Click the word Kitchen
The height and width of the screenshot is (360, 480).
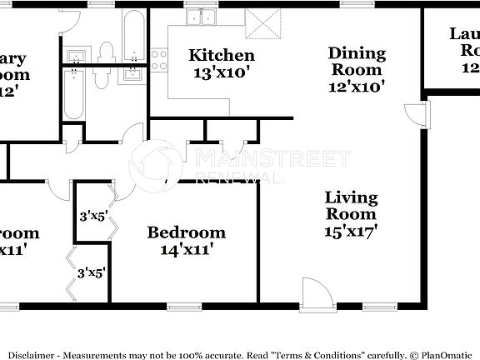click(x=221, y=56)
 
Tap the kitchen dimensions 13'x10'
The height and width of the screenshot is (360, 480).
click(x=221, y=72)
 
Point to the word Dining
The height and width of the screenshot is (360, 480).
click(x=357, y=54)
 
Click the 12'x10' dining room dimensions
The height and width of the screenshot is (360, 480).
click(x=357, y=87)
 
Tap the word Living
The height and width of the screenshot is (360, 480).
click(x=351, y=197)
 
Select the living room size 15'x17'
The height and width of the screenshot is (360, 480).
click(x=351, y=231)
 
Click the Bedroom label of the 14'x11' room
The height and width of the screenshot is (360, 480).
click(x=186, y=232)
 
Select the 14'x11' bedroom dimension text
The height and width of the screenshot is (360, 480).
click(x=186, y=248)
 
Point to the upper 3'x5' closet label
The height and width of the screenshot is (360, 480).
click(x=92, y=216)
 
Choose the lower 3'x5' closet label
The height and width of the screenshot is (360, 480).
click(x=91, y=272)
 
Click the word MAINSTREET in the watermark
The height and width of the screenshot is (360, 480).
click(x=272, y=158)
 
